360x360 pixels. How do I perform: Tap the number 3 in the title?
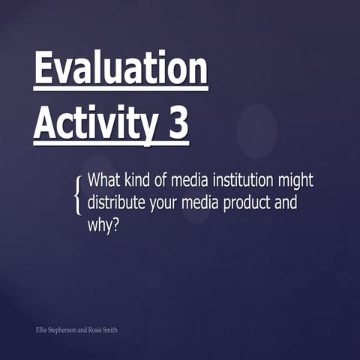177,122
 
